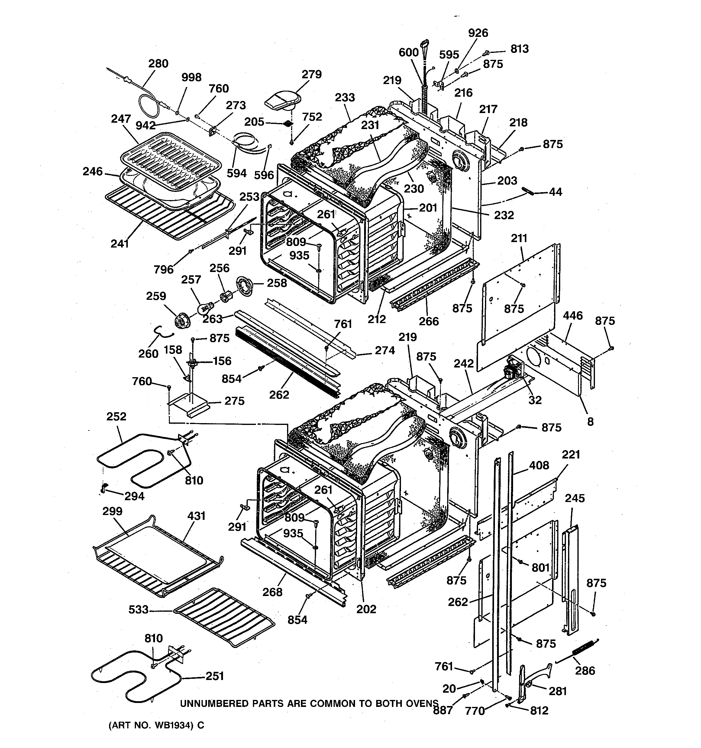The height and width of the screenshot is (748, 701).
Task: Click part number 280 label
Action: (x=158, y=63)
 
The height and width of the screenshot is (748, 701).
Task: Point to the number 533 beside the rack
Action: (x=138, y=609)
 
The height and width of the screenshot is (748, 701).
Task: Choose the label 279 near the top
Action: (x=312, y=74)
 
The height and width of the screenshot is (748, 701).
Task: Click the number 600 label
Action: (x=409, y=52)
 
